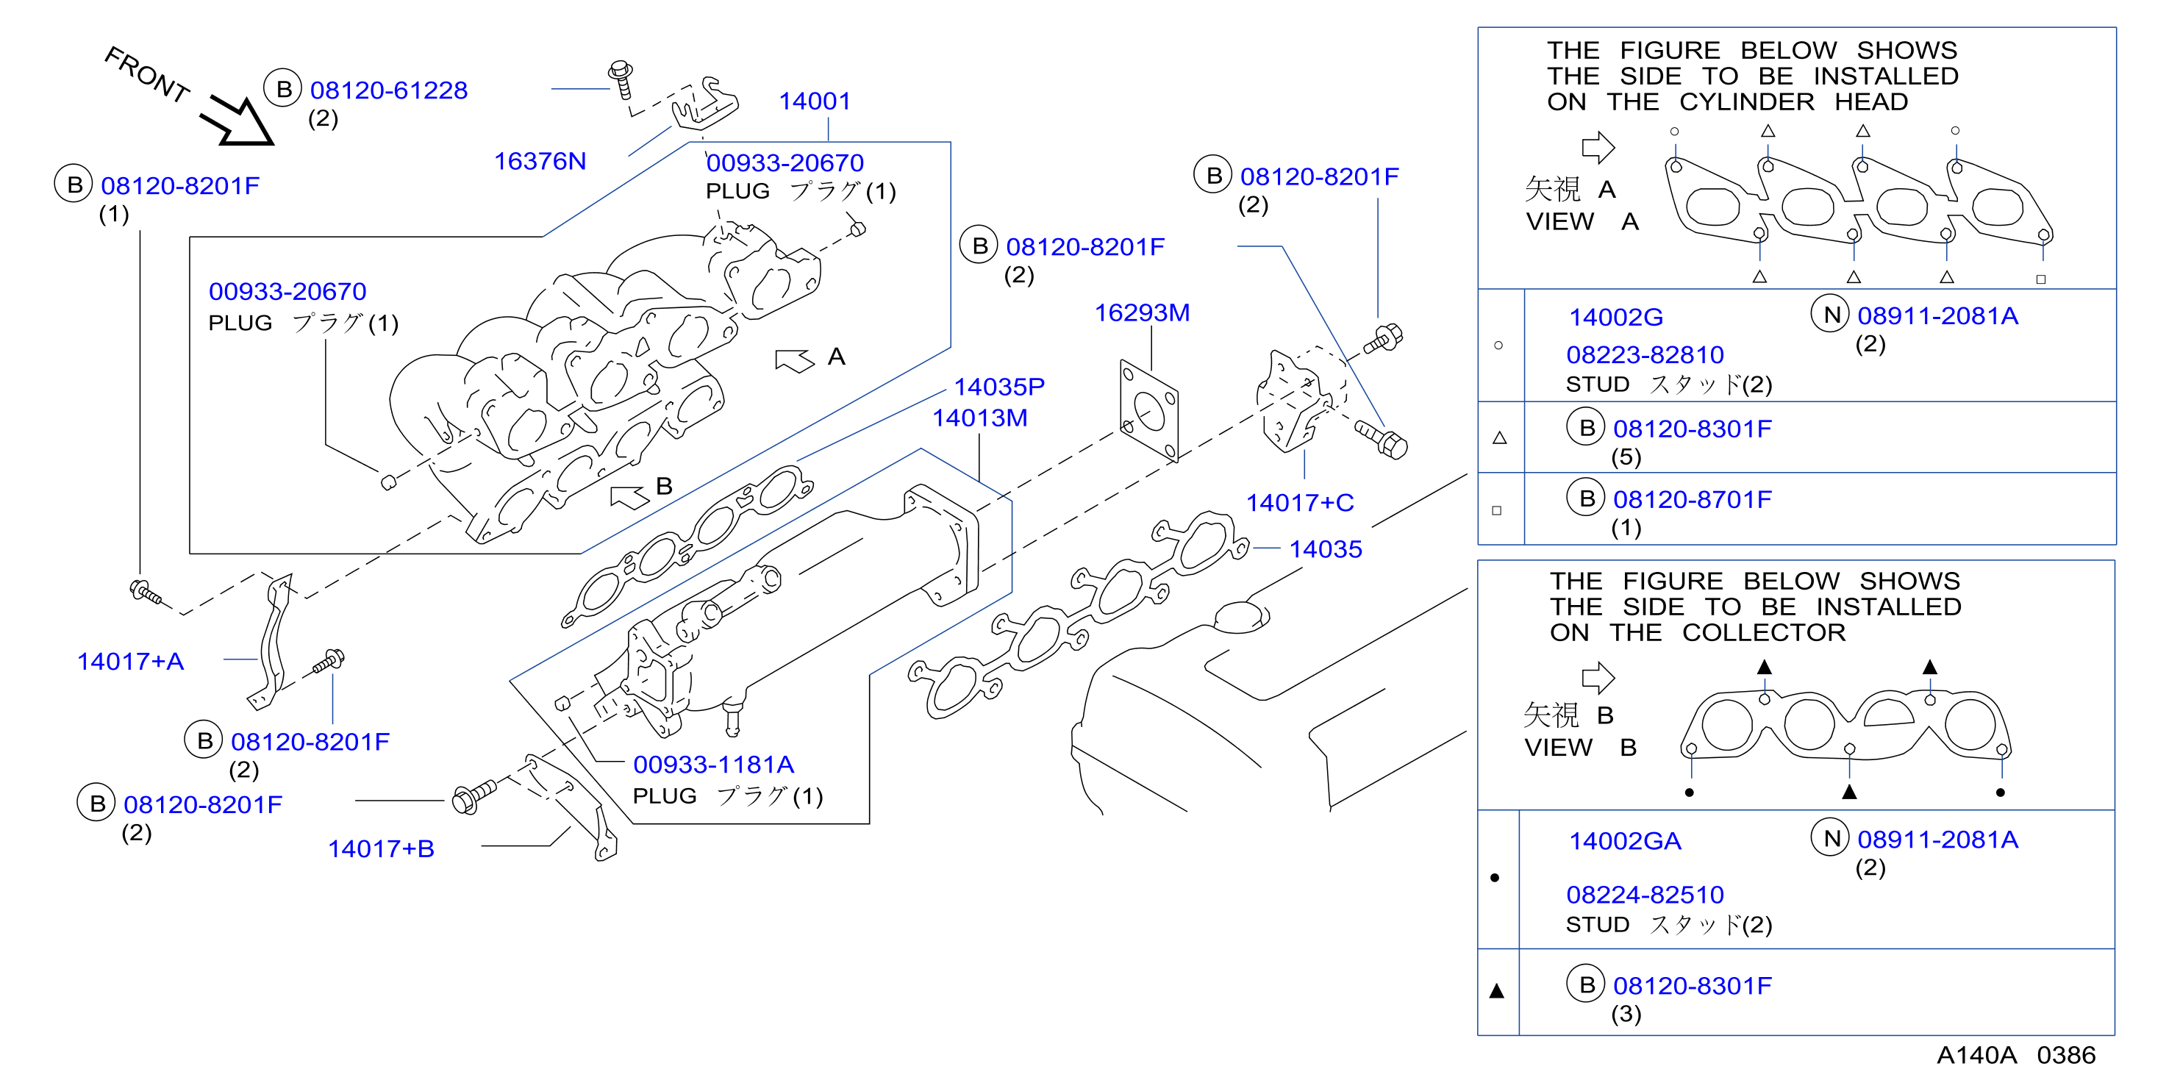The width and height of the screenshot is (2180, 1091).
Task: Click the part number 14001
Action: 814,101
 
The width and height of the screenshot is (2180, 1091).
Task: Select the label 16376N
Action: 540,161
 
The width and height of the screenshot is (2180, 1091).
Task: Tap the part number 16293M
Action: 1142,313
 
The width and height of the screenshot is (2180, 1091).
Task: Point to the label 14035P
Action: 999,387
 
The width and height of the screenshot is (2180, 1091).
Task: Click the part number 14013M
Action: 980,418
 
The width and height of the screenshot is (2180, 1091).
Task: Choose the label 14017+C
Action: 1299,503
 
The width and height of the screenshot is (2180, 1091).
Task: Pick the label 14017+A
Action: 130,661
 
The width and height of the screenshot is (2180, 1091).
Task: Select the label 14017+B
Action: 381,848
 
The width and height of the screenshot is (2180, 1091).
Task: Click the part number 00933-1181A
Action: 713,765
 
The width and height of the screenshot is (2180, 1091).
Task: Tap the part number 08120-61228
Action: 388,90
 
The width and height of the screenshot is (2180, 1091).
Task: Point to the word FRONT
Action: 146,74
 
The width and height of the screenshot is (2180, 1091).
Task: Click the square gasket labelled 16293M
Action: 1148,412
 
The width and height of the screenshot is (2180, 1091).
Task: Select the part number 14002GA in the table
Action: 1625,841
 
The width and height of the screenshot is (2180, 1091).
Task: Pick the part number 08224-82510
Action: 1644,895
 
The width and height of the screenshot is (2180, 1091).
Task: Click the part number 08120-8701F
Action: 1692,499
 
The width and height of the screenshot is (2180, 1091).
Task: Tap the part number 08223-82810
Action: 1644,354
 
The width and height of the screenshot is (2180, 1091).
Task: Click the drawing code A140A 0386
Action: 2016,1056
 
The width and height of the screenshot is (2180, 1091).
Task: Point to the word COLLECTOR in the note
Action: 1764,633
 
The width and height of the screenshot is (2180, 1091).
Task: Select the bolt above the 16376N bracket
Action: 622,79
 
